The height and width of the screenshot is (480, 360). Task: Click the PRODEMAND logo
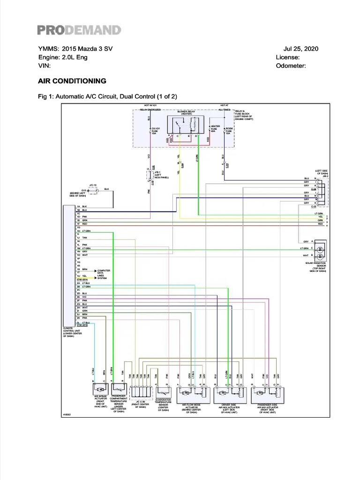[79, 30]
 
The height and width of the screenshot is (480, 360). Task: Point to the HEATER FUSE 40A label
[215, 129]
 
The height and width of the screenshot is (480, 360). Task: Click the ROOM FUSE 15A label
[229, 130]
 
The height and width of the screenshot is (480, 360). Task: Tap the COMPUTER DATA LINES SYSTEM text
[103, 274]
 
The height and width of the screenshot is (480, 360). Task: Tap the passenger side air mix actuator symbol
[267, 390]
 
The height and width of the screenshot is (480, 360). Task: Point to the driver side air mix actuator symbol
[230, 390]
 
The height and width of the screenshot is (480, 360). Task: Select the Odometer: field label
[291, 66]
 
